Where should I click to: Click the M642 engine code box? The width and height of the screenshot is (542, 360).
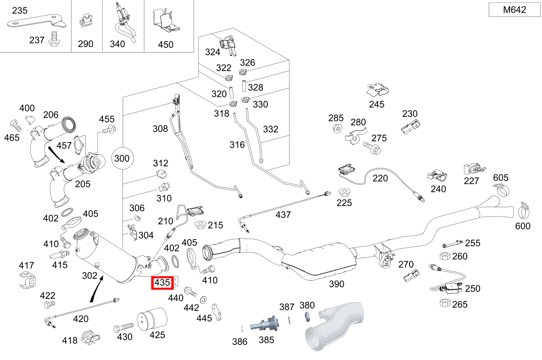[x=515, y=10]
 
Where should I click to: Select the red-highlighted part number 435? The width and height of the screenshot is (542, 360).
[x=162, y=283]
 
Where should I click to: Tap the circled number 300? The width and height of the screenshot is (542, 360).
[x=122, y=159]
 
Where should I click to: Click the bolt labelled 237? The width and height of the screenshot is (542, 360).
[x=54, y=39]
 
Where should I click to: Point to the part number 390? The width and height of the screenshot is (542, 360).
[x=336, y=284]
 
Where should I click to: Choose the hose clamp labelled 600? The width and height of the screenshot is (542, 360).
[x=524, y=211]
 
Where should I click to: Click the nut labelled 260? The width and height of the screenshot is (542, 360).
[x=445, y=256]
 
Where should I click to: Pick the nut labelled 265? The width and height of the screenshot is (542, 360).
[x=445, y=303]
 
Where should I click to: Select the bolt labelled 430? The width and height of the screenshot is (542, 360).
[x=123, y=327]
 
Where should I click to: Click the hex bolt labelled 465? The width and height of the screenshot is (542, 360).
[x=16, y=125]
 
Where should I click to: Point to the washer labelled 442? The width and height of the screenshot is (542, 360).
[x=203, y=300]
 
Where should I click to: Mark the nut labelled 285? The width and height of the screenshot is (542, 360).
[x=338, y=128]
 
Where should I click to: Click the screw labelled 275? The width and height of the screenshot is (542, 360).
[x=372, y=148]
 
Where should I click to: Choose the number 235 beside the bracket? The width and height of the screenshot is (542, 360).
[x=20, y=10]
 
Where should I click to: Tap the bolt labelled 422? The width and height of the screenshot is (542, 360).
[x=50, y=304]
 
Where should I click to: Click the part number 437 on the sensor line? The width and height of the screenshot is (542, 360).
[x=283, y=215]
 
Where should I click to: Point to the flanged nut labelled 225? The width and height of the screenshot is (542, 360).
[x=344, y=192]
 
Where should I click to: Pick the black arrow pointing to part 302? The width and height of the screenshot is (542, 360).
[x=97, y=289]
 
